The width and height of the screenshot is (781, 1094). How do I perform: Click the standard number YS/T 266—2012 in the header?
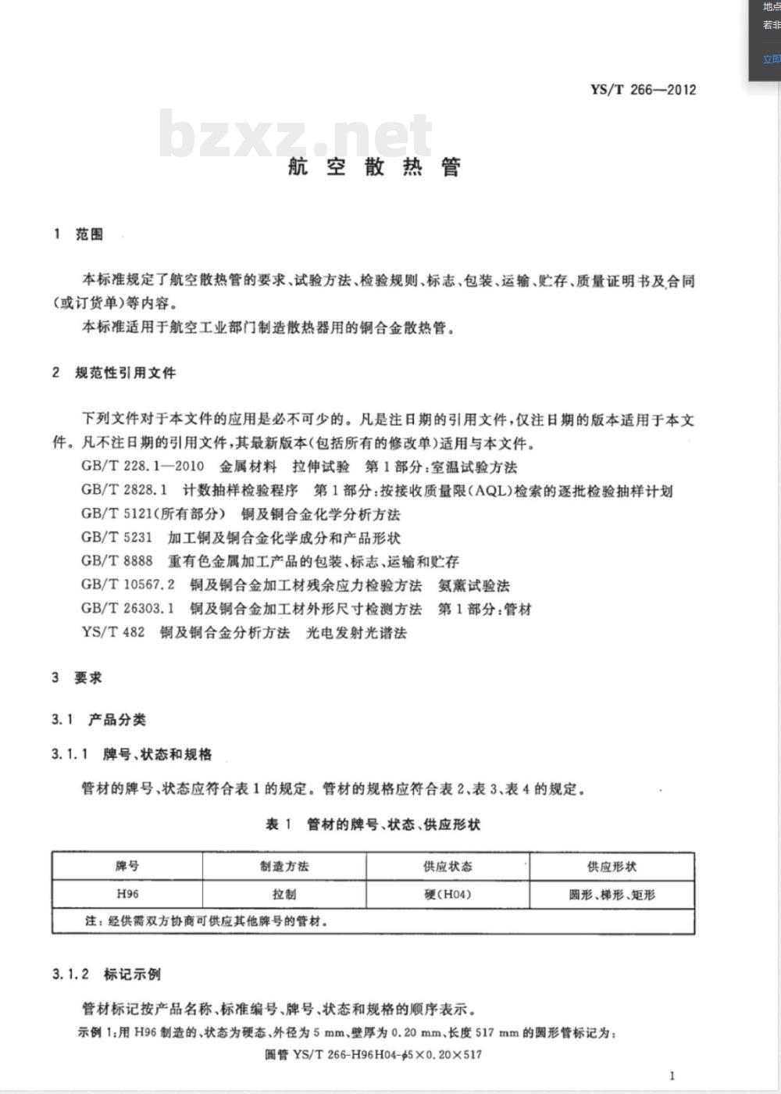(x=643, y=89)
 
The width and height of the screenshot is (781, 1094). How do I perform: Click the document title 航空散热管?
(x=374, y=166)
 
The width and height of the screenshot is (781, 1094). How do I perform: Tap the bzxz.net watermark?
(x=295, y=134)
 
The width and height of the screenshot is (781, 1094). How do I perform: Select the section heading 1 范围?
(x=78, y=234)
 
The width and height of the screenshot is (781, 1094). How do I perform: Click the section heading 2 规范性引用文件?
(x=114, y=373)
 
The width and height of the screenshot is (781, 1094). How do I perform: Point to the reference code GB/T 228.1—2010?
(x=142, y=467)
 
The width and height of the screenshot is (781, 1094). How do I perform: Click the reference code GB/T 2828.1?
(x=124, y=491)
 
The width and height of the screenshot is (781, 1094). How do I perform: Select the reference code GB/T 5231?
(x=116, y=538)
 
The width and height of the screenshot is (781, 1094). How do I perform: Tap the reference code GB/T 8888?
(x=116, y=561)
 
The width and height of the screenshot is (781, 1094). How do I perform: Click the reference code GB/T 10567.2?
(x=128, y=585)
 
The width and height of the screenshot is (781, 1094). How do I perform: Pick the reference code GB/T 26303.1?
(x=128, y=609)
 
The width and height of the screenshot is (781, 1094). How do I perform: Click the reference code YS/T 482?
(x=112, y=632)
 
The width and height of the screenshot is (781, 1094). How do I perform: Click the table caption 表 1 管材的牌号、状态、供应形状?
(x=373, y=824)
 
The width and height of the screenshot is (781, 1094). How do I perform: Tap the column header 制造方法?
(x=284, y=867)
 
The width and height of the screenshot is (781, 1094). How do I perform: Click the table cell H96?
(x=127, y=894)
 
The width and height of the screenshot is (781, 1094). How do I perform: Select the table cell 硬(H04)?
(x=448, y=894)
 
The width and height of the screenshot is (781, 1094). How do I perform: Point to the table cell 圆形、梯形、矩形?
(x=612, y=895)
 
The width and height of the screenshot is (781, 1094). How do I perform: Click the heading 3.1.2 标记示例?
(x=106, y=974)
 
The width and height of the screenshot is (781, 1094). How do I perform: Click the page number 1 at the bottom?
(x=672, y=1075)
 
